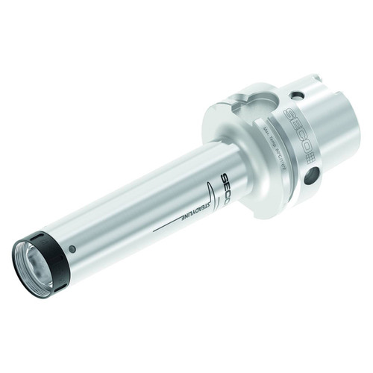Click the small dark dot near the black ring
pos(72,248)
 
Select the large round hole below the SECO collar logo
pos(310,176)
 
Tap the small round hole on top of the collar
pos(297,95)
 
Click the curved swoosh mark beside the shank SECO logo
pos(216,186)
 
